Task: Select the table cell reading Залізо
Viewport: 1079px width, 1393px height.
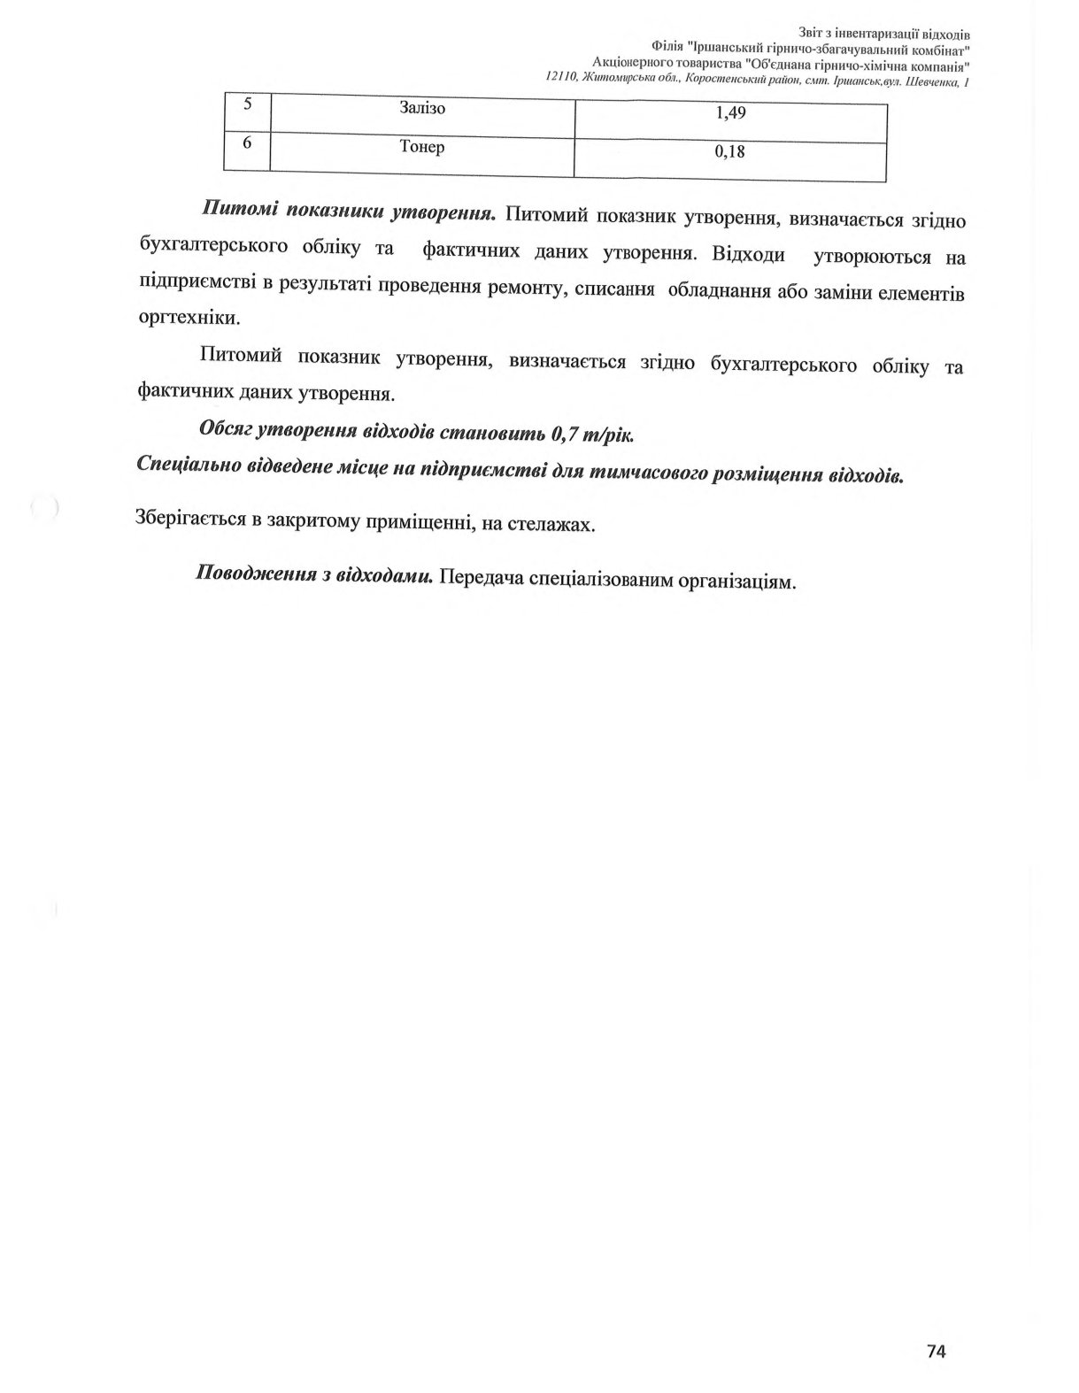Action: [422, 109]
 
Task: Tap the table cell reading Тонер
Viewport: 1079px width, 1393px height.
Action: [422, 147]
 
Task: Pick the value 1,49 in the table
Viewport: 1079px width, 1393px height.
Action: [729, 113]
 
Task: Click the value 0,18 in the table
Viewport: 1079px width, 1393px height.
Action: [729, 152]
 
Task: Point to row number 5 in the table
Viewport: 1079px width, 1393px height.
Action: [247, 104]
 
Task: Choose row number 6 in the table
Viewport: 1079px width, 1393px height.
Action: [247, 141]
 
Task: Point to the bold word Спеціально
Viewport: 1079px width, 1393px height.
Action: [183, 464]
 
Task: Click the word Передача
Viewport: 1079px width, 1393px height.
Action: [479, 578]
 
